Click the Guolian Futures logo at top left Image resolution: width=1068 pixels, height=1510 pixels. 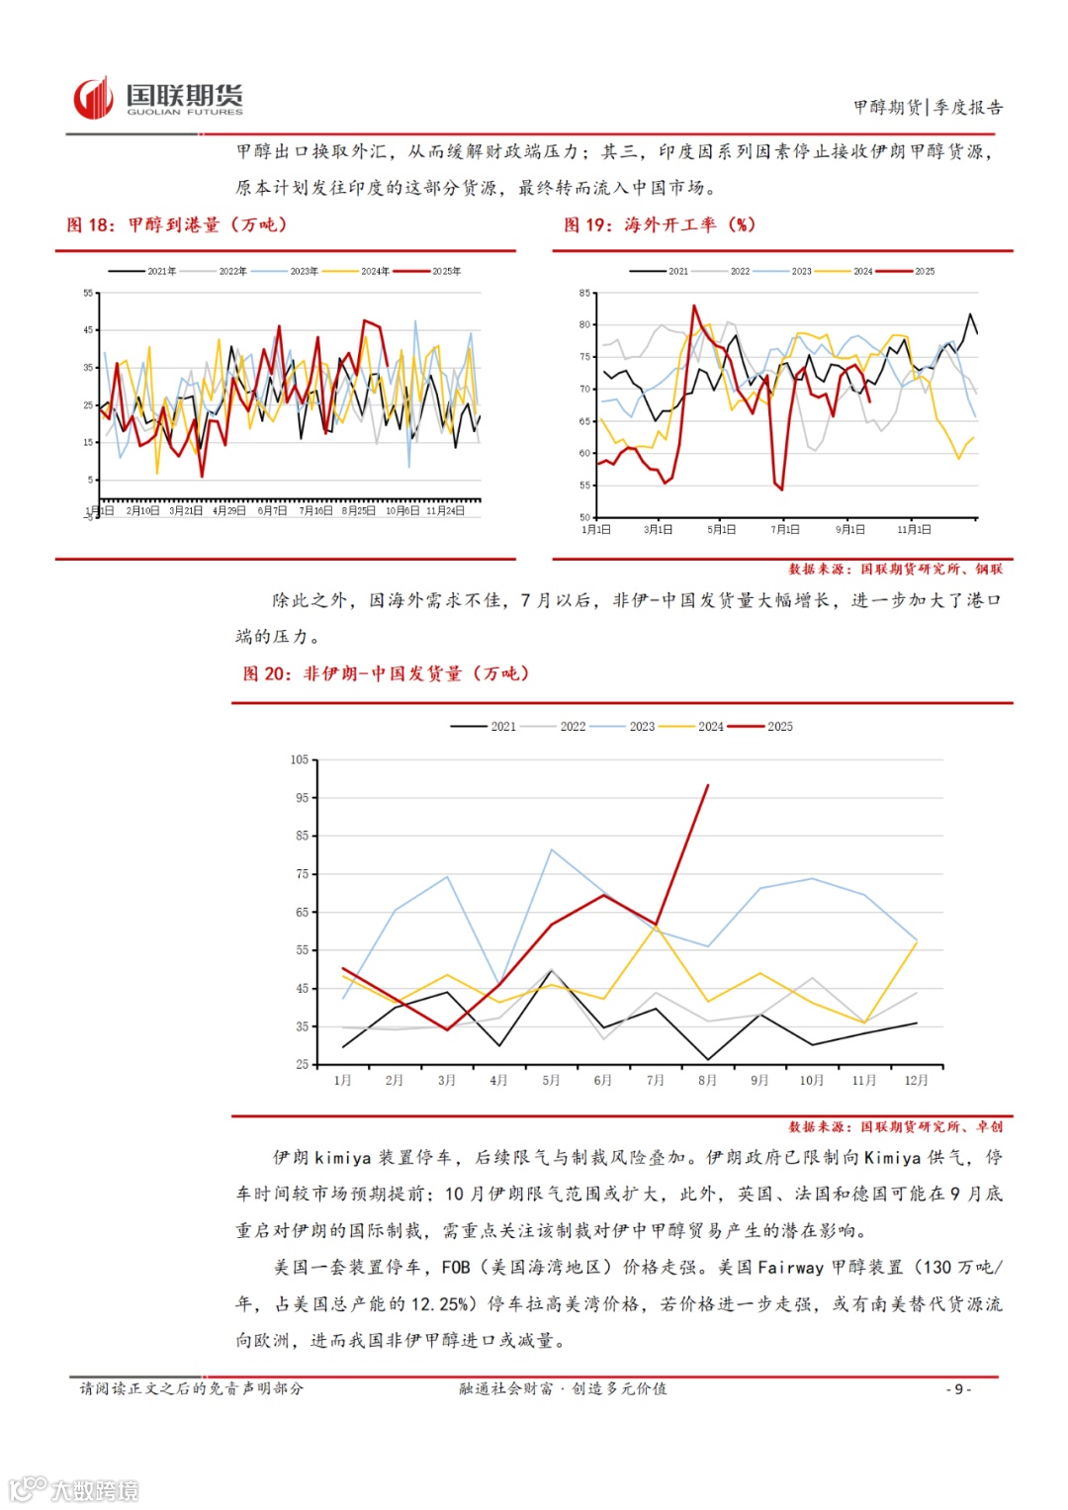pos(158,98)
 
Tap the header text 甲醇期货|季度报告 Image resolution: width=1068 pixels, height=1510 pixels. pos(928,107)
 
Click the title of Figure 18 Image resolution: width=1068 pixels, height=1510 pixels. pos(177,224)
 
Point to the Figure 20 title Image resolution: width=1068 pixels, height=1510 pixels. pos(387,673)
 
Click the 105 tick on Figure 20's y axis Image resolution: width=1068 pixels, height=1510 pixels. pos(300,759)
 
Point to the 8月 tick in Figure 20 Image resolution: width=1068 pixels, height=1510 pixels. pos(707,1080)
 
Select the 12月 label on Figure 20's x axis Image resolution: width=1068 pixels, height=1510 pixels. pos(916,1080)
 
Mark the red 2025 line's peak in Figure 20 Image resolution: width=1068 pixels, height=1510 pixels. pos(708,785)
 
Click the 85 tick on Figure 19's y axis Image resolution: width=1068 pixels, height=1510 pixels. pos(584,293)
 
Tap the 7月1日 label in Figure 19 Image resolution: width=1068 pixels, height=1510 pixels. pos(785,530)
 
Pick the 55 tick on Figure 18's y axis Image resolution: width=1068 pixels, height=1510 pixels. pos(88,293)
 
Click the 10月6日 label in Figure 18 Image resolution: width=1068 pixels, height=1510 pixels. pos(401,511)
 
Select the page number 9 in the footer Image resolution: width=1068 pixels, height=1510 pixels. pos(957,1389)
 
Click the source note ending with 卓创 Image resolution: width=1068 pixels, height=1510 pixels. pos(895,1126)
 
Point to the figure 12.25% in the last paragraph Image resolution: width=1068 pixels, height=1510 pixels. pos(440,1304)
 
